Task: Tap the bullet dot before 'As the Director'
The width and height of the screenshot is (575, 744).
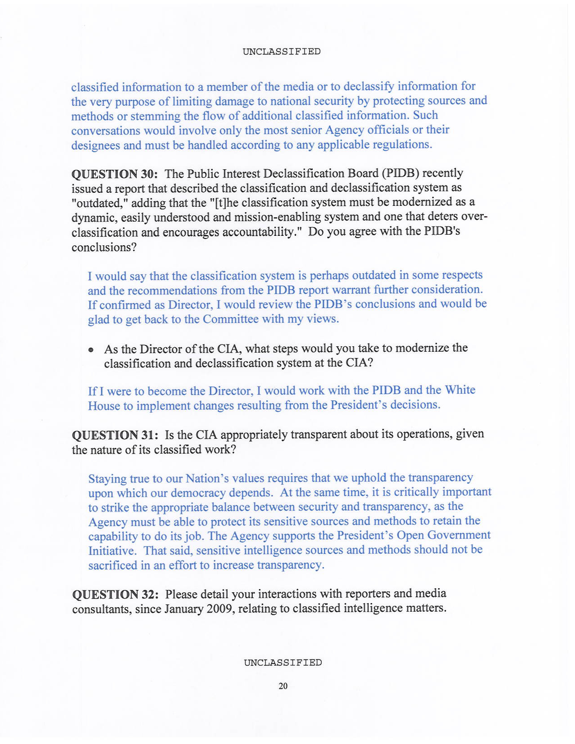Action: pyautogui.click(x=91, y=350)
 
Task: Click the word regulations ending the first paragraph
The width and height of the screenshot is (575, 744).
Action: pyautogui.click(x=402, y=145)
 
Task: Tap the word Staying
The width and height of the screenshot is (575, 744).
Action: pyautogui.click(x=108, y=479)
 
